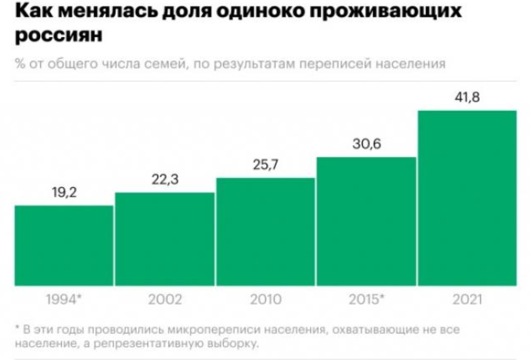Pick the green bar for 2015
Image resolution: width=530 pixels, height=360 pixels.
click(x=366, y=221)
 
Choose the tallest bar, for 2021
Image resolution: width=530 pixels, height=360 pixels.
click(x=467, y=198)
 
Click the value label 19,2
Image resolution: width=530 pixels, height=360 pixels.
click(x=64, y=193)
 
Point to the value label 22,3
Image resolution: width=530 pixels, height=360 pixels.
click(x=165, y=180)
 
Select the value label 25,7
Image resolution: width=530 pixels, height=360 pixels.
click(x=266, y=165)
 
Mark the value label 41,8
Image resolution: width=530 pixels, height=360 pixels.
click(x=467, y=98)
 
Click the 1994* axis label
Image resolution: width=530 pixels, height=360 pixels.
click(x=65, y=300)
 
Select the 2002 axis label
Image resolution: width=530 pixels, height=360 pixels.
click(x=165, y=300)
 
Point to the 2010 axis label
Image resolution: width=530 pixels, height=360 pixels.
click(x=266, y=300)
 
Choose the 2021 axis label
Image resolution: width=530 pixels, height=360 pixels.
click(x=467, y=300)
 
